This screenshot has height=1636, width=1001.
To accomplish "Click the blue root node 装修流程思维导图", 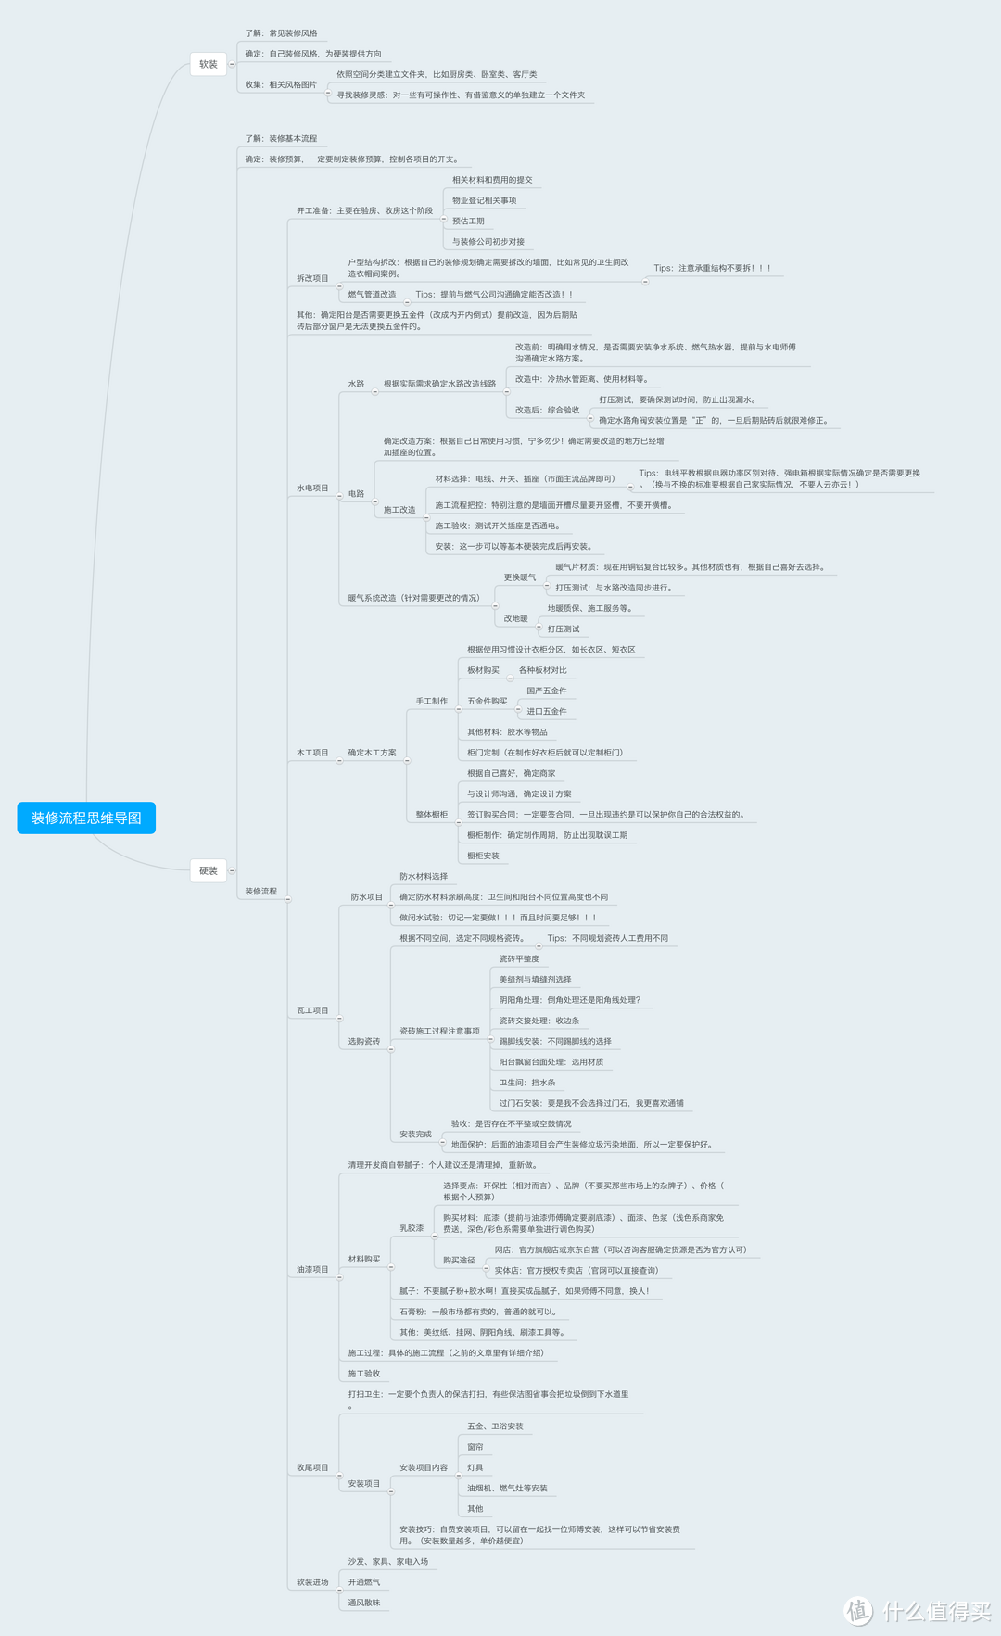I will [x=86, y=818].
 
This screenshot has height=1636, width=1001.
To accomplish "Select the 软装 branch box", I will [x=209, y=64].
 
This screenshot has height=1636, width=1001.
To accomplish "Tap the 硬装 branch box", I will [x=209, y=870].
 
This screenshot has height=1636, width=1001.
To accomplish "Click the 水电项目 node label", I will [x=312, y=488].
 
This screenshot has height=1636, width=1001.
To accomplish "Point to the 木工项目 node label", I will [x=312, y=753].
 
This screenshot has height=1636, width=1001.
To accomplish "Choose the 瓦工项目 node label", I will [x=312, y=1010].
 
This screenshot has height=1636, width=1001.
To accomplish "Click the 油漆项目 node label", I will [x=312, y=1269].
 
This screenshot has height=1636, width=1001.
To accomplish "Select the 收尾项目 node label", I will [x=312, y=1467].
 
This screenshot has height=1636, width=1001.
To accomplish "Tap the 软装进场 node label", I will [x=312, y=1581].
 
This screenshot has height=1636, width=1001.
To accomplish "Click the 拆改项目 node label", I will [x=312, y=278].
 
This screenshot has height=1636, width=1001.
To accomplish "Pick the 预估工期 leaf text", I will [x=468, y=221].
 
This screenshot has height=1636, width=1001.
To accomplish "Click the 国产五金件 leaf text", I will [x=546, y=691].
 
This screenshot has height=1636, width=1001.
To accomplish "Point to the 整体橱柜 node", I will [x=431, y=815].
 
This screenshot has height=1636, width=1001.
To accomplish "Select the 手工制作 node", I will [x=431, y=701].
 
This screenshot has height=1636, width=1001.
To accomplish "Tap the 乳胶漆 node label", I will [x=412, y=1228].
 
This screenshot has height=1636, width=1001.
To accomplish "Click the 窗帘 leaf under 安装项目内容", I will [x=475, y=1447].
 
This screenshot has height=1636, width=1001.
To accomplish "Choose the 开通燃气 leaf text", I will [x=363, y=1581].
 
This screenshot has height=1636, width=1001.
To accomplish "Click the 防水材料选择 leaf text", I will [x=424, y=876].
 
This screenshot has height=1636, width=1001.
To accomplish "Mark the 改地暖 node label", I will [x=515, y=618].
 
